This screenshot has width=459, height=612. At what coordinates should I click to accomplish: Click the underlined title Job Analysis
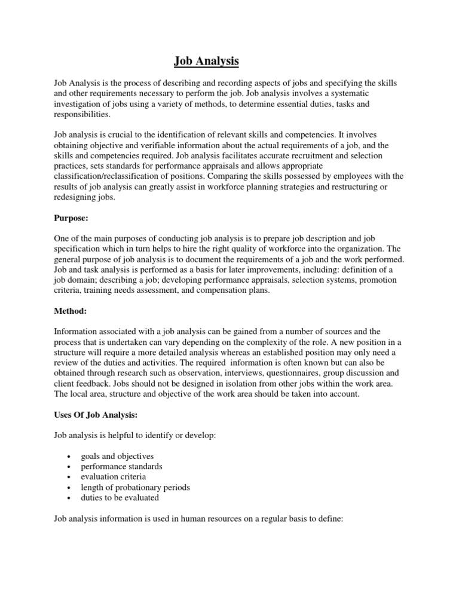pos(206,61)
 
